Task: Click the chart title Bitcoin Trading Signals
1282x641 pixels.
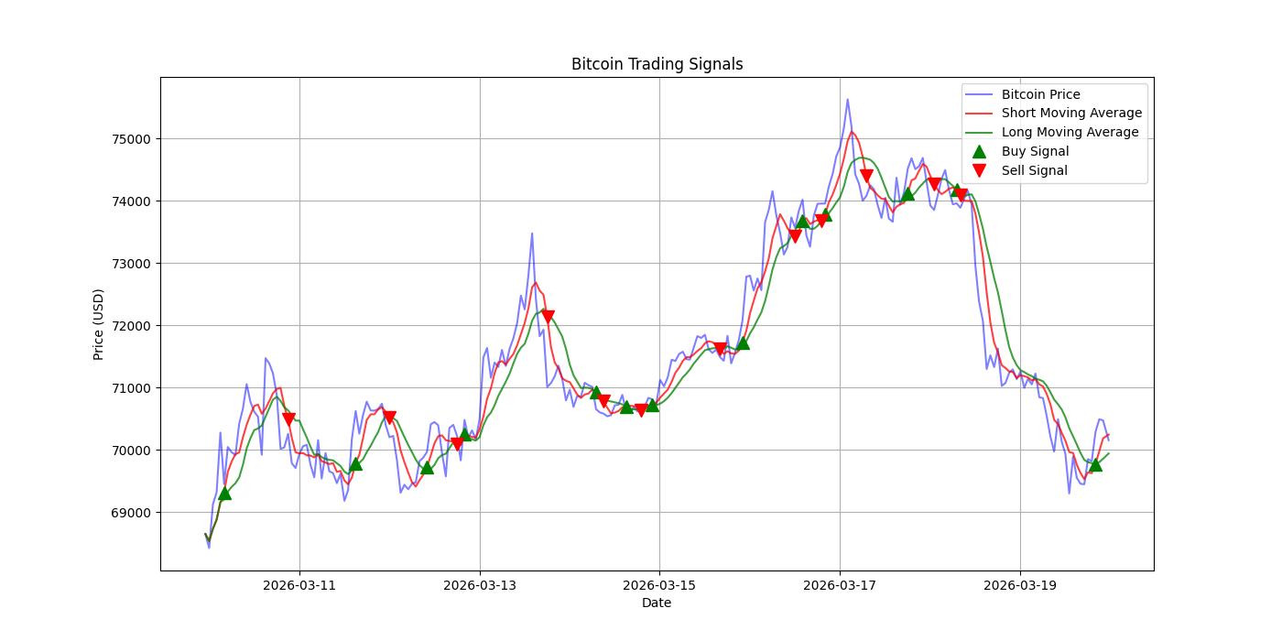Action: [657, 64]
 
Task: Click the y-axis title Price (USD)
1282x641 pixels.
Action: [98, 324]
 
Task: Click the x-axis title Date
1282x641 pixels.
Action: [657, 603]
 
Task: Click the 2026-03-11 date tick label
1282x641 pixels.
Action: [299, 585]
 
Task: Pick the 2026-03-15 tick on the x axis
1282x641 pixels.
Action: [659, 585]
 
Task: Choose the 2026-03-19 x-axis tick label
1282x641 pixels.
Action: [1020, 585]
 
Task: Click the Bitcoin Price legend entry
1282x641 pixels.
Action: [1040, 94]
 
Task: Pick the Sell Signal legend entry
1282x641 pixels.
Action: [1034, 170]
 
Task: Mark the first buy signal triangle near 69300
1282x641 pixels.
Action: [224, 493]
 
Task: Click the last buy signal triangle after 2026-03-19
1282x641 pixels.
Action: [1095, 464]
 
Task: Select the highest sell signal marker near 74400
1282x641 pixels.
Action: [866, 176]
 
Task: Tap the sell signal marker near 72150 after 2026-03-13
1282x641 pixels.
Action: [548, 317]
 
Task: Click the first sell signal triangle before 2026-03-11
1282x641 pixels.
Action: [288, 419]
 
